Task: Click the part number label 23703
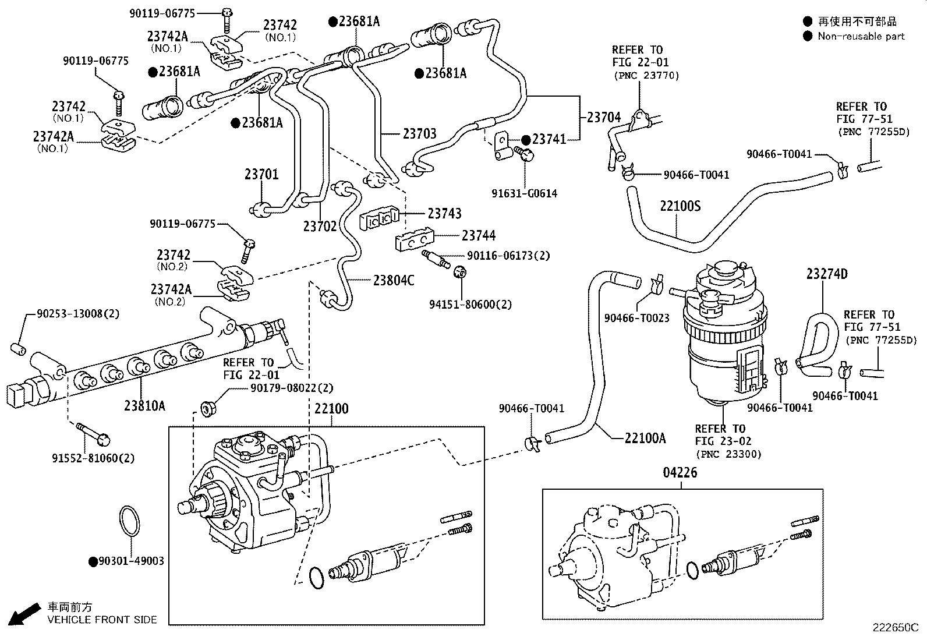pyautogui.click(x=419, y=134)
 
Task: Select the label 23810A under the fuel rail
pyautogui.click(x=144, y=405)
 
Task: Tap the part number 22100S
pyautogui.click(x=680, y=206)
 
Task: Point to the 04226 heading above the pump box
pyautogui.click(x=680, y=473)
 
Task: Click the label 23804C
pyautogui.click(x=394, y=281)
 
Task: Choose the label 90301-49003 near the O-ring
pyautogui.click(x=131, y=561)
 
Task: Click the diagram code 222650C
pyautogui.click(x=894, y=628)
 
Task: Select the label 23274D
pyautogui.click(x=827, y=274)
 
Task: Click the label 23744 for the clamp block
pyautogui.click(x=479, y=235)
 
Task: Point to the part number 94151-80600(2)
pyautogui.click(x=471, y=304)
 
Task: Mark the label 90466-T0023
pyautogui.click(x=636, y=318)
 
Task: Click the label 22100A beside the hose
pyautogui.click(x=645, y=439)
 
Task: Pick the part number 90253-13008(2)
pyautogui.click(x=78, y=313)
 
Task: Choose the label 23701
pyautogui.click(x=261, y=174)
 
